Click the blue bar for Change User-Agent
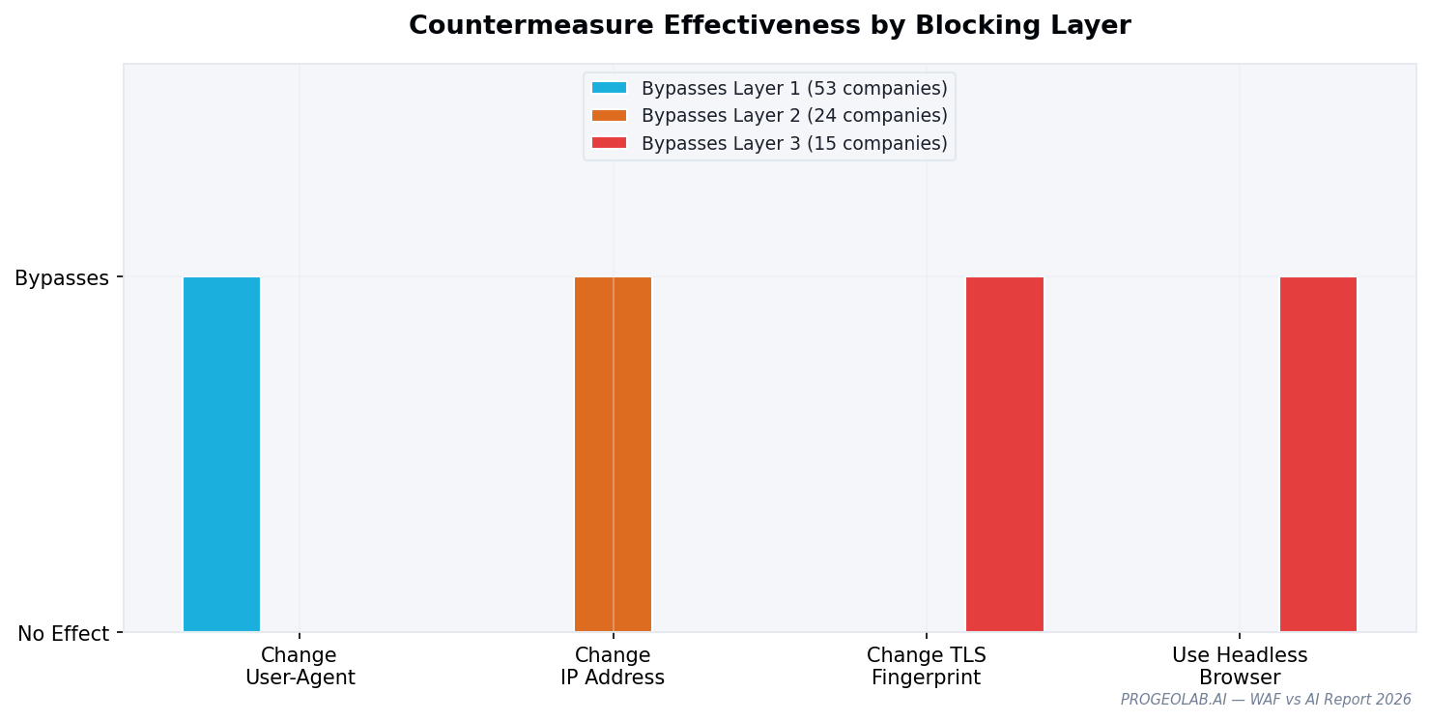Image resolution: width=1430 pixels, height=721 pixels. coord(221,454)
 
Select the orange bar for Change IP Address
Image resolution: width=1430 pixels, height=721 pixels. coord(613,454)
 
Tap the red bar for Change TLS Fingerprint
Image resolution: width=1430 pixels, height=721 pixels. coord(1004,454)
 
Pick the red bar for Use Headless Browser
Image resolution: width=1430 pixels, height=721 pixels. coord(1318,454)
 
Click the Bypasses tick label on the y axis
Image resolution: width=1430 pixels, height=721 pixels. coord(62,278)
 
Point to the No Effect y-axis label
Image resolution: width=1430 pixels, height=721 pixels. coord(64,634)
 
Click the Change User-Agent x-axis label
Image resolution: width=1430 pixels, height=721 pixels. coord(300,667)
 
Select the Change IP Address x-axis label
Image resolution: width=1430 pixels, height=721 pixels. coord(613,667)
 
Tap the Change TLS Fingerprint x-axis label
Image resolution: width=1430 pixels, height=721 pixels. coord(926,667)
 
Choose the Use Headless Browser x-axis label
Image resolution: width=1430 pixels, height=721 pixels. coord(1240,667)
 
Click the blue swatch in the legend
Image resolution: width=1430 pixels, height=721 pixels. coord(609,88)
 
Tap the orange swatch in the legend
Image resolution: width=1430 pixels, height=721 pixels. coord(609,116)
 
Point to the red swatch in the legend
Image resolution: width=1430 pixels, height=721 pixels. coord(609,143)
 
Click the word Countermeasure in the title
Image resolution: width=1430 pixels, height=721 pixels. coord(530,26)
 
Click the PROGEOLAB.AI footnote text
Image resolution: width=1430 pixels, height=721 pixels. coord(1265,700)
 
